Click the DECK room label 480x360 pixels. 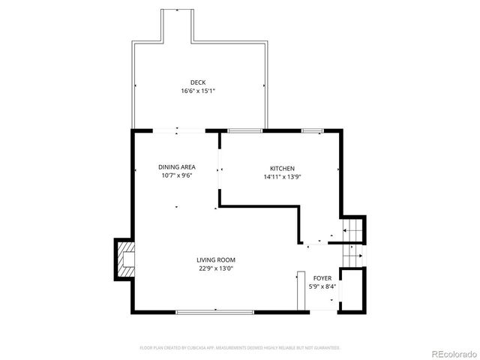[x=198, y=82]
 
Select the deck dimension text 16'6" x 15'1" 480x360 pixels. [x=198, y=91]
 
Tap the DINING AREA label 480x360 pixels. [x=176, y=166]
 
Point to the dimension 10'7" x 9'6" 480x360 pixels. [x=176, y=175]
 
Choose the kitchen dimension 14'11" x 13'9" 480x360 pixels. [x=282, y=178]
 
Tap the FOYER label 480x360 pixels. [x=322, y=277]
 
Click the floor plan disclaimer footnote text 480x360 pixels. [x=240, y=348]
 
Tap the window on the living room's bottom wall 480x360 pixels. [x=215, y=311]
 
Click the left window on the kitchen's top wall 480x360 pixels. [x=240, y=131]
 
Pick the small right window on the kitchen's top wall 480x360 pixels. [x=312, y=131]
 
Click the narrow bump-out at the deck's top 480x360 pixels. [x=178, y=25]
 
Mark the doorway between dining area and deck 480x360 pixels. [x=176, y=131]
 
